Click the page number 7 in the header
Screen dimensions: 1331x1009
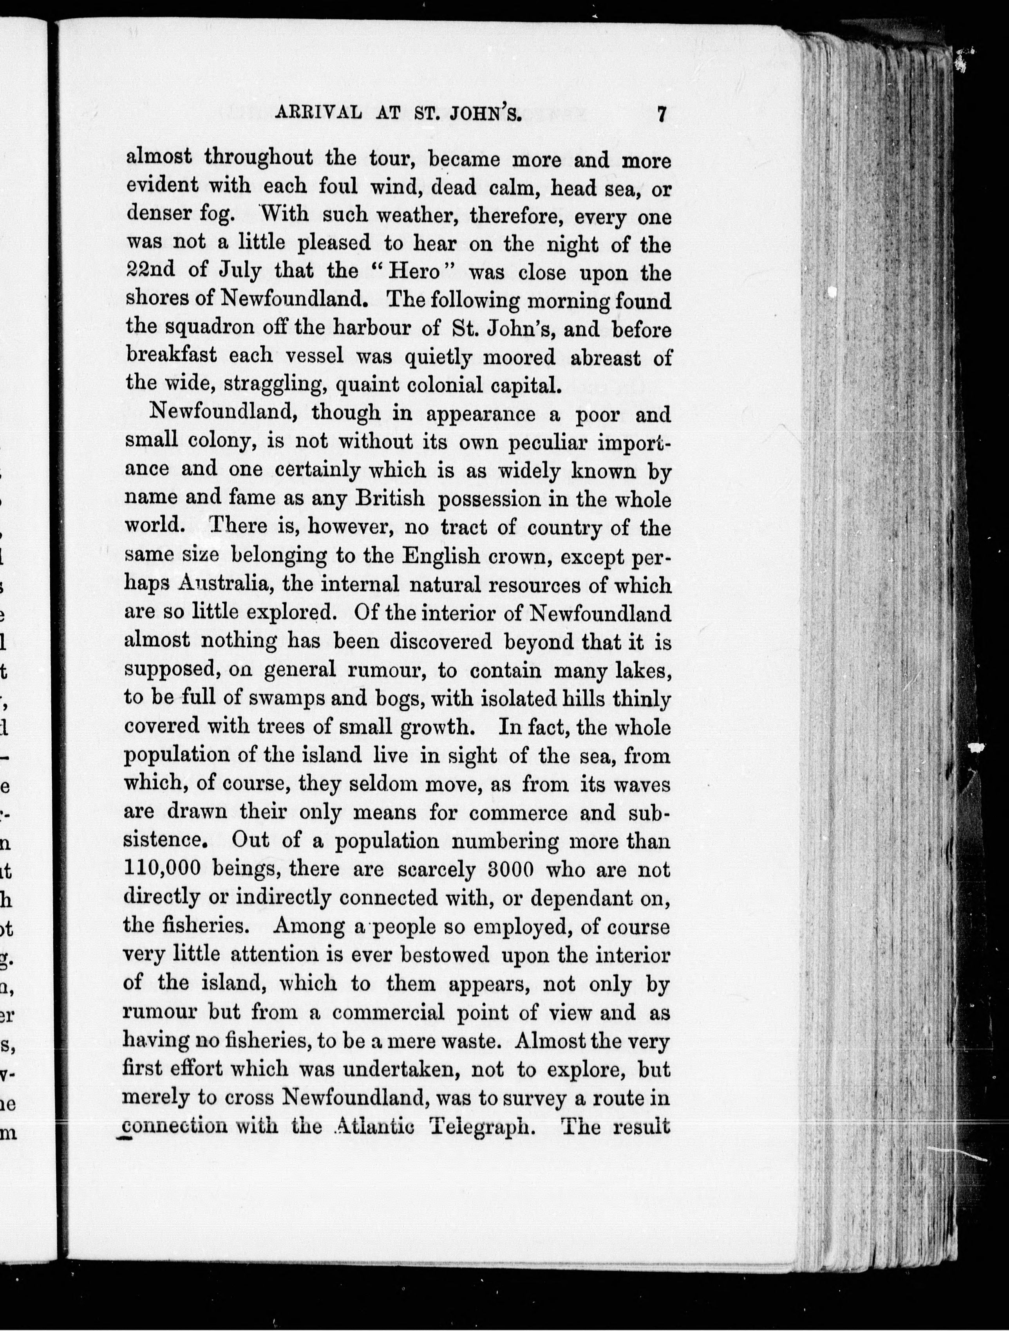tap(661, 114)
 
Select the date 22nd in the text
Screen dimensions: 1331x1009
tap(150, 270)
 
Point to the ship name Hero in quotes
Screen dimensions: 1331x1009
tap(416, 271)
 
